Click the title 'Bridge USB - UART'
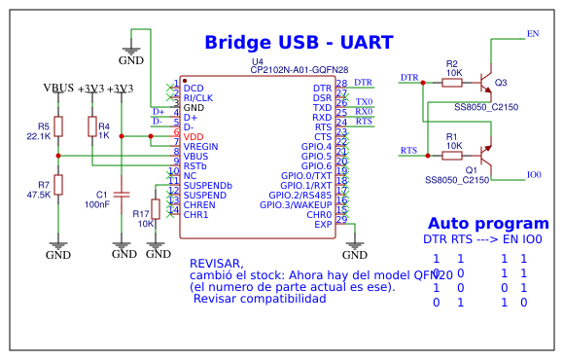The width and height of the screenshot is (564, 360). tap(299, 43)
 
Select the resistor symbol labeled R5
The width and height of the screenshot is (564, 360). tap(58, 126)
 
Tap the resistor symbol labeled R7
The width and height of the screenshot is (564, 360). tap(58, 185)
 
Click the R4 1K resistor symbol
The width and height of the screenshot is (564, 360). tap(91, 126)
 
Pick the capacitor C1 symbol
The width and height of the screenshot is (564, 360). tap(121, 195)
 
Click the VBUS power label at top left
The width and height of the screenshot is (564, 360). tap(59, 89)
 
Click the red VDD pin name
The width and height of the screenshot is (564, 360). tap(194, 137)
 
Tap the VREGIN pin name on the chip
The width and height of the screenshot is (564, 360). tap(200, 147)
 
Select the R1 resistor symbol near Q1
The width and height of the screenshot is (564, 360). tap(452, 155)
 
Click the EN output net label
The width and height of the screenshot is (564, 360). tap(532, 34)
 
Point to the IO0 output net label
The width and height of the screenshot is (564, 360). tap(534, 175)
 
